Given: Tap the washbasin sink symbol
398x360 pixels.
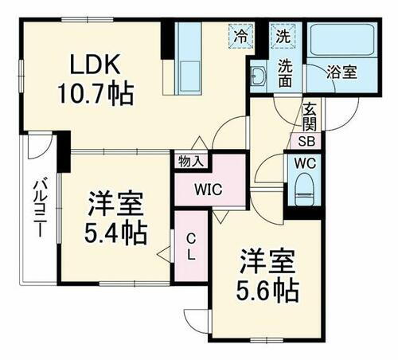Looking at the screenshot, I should (259, 78).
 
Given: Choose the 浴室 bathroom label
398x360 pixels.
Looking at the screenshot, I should (344, 71).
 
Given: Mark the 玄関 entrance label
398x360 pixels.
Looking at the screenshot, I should (310, 116).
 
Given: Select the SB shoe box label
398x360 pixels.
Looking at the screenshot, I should (306, 143).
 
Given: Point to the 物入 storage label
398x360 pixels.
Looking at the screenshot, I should (191, 161).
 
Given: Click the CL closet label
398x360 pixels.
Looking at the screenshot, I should (192, 246).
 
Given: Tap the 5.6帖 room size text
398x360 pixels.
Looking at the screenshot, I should (267, 290).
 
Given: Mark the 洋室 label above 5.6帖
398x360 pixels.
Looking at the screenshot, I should (267, 262).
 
